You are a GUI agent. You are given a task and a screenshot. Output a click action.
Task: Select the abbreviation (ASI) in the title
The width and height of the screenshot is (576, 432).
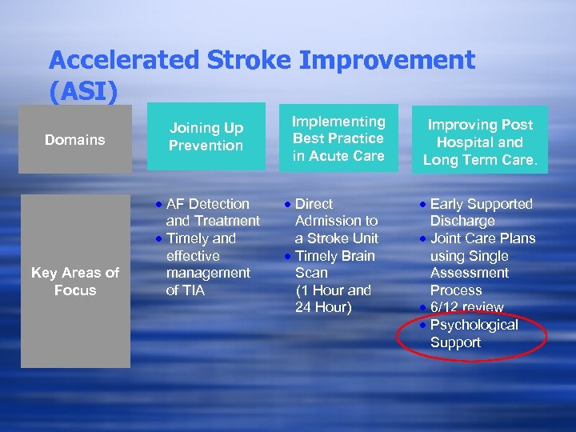pyautogui.click(x=83, y=91)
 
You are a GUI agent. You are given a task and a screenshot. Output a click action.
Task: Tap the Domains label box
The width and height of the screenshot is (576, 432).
pyautogui.click(x=74, y=140)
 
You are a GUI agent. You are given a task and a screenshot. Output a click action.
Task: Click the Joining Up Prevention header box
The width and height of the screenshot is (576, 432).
pyautogui.click(x=206, y=137)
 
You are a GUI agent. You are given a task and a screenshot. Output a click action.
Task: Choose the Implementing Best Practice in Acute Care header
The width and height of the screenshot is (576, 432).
pyautogui.click(x=338, y=138)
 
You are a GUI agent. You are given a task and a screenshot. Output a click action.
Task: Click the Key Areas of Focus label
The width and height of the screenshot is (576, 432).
pyautogui.click(x=74, y=282)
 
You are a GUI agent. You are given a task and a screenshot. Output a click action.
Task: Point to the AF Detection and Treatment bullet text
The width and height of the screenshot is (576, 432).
pyautogui.click(x=212, y=212)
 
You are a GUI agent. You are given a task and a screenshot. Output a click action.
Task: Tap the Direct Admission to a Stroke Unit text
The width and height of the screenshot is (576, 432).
pyautogui.click(x=336, y=221)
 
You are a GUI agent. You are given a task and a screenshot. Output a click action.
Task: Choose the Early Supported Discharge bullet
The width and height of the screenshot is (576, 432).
pyautogui.click(x=480, y=212)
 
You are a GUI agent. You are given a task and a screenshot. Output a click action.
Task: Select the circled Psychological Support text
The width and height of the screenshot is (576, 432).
pyautogui.click(x=474, y=334)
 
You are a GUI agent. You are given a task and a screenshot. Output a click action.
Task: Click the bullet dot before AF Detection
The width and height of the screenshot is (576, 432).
pyautogui.click(x=160, y=205)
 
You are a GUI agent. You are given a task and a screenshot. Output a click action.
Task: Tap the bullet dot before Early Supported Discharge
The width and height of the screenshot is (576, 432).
pyautogui.click(x=424, y=205)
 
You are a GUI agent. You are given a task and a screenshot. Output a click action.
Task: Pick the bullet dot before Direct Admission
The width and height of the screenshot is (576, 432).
pyautogui.click(x=289, y=205)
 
